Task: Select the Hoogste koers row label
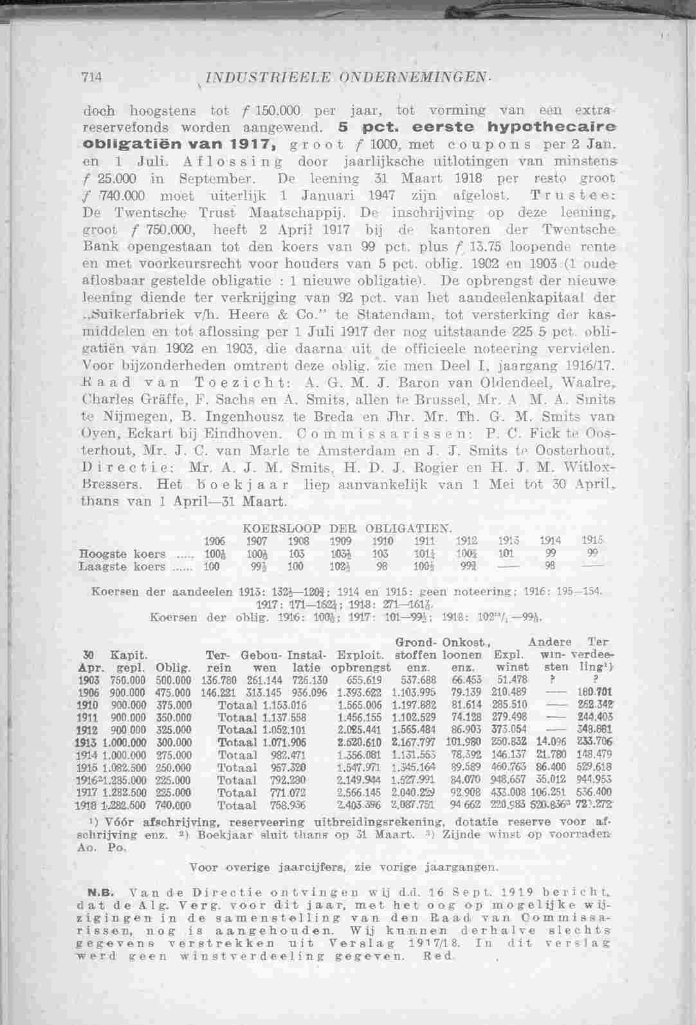coord(122,554)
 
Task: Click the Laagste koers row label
coord(120,567)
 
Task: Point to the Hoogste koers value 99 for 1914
coord(549,553)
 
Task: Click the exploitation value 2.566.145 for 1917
coord(359,792)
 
